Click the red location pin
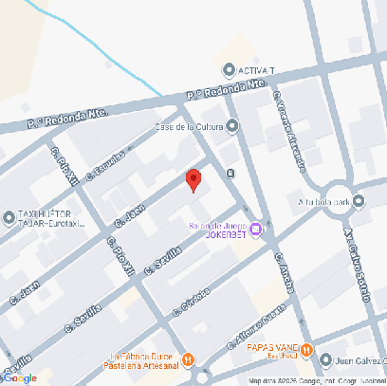(x=193, y=179)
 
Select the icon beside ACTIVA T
(x=229, y=71)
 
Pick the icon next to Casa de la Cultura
(x=232, y=126)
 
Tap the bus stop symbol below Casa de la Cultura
(x=232, y=172)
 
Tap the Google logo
(x=20, y=377)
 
